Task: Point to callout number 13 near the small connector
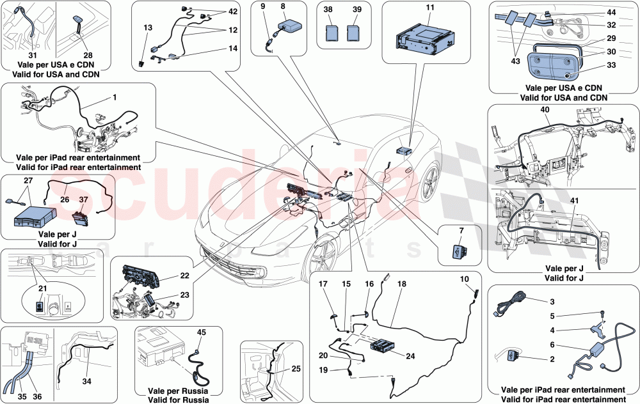click(148, 27)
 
